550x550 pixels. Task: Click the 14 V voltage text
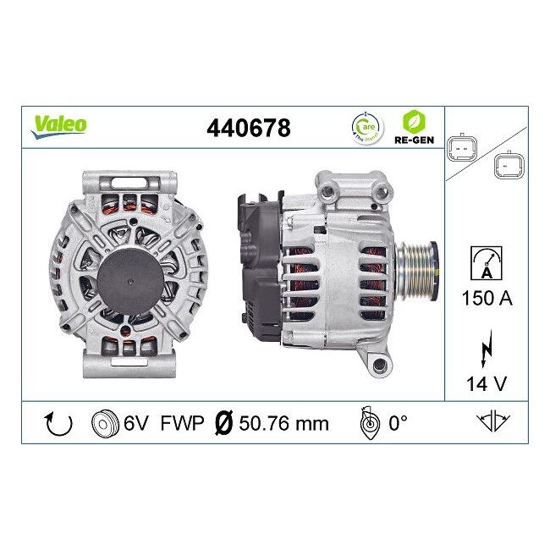pyautogui.click(x=487, y=383)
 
